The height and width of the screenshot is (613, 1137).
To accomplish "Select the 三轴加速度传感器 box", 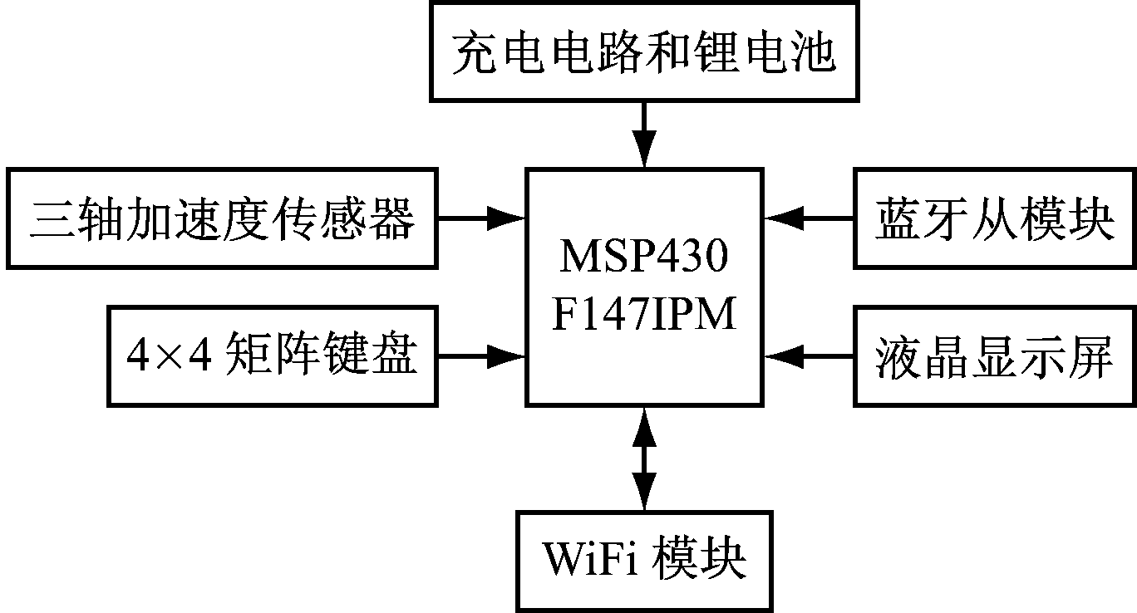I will [x=222, y=218].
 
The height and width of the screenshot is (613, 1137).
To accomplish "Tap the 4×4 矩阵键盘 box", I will [x=273, y=356].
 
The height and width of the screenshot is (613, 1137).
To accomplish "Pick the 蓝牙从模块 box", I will [x=994, y=218].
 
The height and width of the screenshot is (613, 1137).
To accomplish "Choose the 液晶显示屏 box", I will [x=994, y=356].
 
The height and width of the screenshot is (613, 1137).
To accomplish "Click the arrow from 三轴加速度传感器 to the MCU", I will [x=482, y=218].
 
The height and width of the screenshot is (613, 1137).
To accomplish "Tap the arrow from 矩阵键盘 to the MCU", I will [x=482, y=356].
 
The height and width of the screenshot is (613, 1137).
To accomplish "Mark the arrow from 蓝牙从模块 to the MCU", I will [x=809, y=218].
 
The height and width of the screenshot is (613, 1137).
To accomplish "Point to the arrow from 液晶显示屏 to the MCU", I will [x=809, y=356].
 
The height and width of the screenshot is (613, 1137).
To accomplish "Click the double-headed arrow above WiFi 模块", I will [x=643, y=458].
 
